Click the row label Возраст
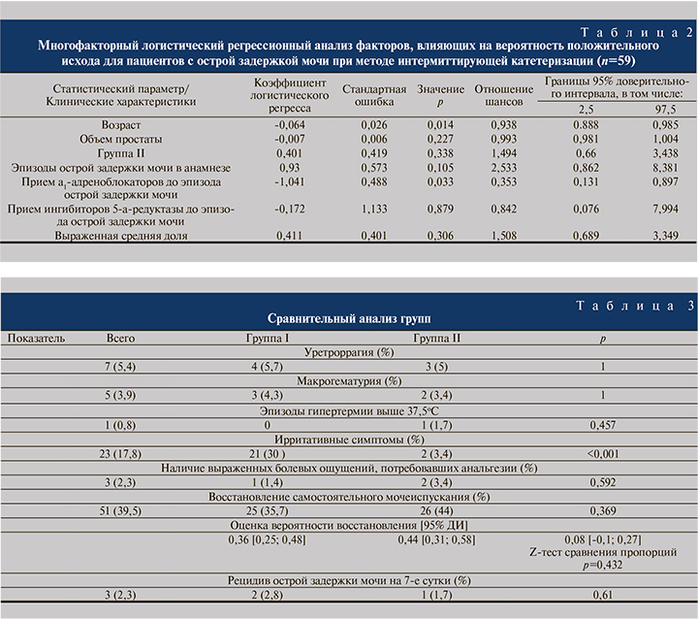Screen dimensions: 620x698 coord(122,126)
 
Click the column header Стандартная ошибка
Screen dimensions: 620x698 coord(373,96)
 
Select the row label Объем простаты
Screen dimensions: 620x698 coord(122,140)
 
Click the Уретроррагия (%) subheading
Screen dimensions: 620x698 coord(348,351)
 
